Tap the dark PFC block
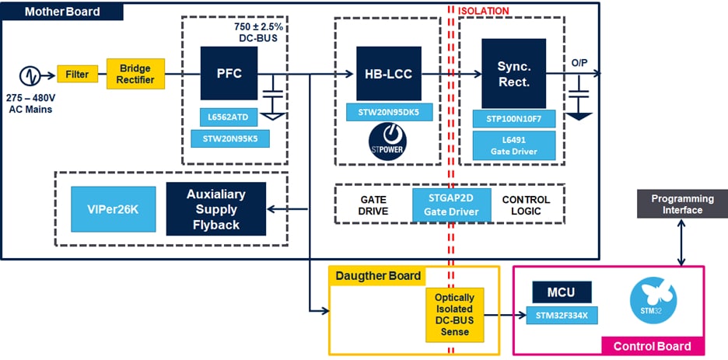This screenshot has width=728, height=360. click(x=229, y=75)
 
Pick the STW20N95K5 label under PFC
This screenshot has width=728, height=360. click(x=230, y=139)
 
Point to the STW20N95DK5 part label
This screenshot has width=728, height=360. click(x=389, y=112)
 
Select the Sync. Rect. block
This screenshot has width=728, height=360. click(x=514, y=74)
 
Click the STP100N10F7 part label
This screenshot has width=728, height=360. click(x=514, y=119)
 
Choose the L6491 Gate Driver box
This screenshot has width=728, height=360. click(x=514, y=145)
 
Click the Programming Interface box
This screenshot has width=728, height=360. click(x=677, y=204)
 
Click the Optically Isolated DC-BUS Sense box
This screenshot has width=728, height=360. click(x=455, y=315)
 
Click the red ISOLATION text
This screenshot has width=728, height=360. click(x=484, y=11)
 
